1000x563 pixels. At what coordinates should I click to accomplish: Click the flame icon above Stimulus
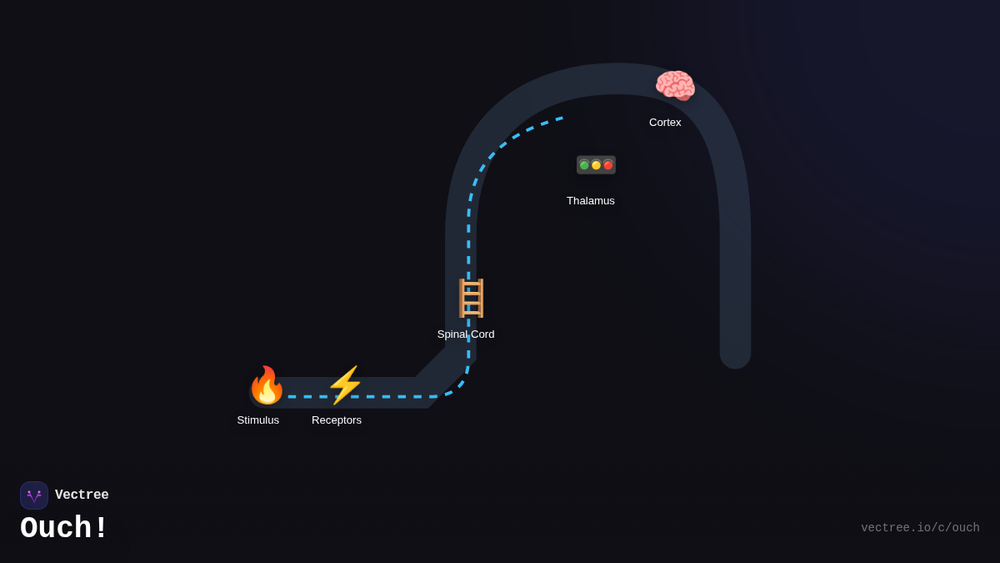267,385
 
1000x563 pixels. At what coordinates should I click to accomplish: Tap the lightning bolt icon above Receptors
345,385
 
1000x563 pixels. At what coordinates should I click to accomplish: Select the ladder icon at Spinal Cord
471,298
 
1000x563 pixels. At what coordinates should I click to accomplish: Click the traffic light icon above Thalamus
596,165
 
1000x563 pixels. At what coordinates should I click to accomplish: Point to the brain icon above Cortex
675,86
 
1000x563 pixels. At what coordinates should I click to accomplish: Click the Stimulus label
258,420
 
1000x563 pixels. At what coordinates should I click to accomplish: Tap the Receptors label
337,420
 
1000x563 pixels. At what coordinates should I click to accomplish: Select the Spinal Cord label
466,334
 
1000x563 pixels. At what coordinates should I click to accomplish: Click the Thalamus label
591,201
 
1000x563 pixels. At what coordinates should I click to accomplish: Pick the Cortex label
665,123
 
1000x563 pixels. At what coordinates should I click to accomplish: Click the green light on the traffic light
584,165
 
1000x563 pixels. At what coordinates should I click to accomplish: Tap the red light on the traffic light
608,165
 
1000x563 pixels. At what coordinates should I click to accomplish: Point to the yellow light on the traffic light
596,165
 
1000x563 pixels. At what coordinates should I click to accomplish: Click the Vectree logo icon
34,495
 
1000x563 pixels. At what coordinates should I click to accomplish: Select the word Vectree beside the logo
82,495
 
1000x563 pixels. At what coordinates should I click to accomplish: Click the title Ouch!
64,529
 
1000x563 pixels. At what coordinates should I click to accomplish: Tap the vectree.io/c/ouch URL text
920,528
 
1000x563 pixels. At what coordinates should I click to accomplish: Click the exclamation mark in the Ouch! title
101,529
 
